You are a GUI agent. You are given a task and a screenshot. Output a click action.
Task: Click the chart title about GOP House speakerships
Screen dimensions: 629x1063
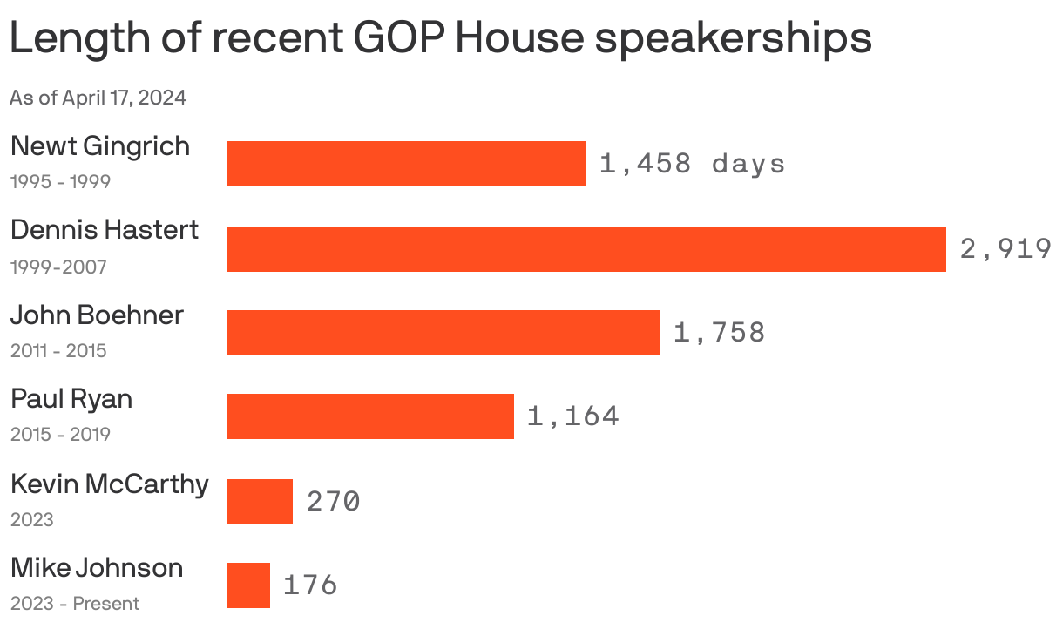click(x=440, y=38)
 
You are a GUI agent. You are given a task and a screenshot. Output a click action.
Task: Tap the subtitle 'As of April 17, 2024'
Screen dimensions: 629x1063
click(x=98, y=98)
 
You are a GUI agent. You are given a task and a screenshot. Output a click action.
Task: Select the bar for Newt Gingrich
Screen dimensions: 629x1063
click(x=405, y=164)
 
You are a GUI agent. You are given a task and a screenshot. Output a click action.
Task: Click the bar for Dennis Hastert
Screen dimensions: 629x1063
click(x=586, y=249)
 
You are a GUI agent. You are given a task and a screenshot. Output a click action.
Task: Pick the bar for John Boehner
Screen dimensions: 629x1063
click(x=443, y=333)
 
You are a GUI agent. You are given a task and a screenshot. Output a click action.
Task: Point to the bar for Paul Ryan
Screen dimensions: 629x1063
click(x=369, y=416)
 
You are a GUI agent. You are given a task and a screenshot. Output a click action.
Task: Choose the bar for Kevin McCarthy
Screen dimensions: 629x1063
click(x=259, y=502)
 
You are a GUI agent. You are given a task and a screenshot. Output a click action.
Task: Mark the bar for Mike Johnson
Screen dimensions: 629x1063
click(x=247, y=585)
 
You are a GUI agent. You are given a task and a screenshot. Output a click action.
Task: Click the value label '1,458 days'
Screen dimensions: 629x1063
click(x=692, y=164)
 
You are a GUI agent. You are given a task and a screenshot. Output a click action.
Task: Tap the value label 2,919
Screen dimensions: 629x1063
click(x=1005, y=249)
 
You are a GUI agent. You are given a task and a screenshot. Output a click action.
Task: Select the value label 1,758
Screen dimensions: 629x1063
click(x=719, y=333)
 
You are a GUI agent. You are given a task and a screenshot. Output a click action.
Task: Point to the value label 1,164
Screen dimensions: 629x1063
click(x=572, y=416)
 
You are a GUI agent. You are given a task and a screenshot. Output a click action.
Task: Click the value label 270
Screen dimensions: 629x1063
click(x=333, y=502)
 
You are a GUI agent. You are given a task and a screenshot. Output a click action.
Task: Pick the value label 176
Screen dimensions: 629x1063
click(x=309, y=585)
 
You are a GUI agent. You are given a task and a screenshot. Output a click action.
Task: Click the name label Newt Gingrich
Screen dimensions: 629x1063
click(x=100, y=145)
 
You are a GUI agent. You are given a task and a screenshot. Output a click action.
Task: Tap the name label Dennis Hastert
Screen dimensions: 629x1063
click(x=105, y=230)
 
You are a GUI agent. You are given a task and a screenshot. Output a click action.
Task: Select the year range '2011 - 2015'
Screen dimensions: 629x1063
click(x=58, y=351)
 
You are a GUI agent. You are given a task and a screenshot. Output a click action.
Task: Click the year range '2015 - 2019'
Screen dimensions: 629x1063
click(x=60, y=435)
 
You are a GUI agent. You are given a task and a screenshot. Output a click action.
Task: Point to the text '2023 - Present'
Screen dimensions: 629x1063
click(x=75, y=604)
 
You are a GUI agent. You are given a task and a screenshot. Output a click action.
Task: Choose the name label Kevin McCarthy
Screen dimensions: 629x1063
click(x=110, y=484)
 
